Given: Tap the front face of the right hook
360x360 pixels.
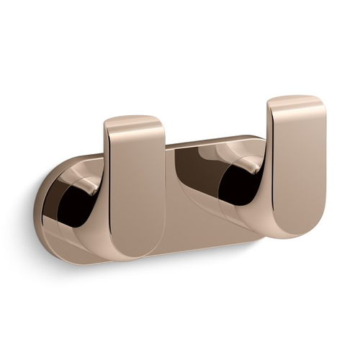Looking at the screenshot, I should point(299,166).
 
